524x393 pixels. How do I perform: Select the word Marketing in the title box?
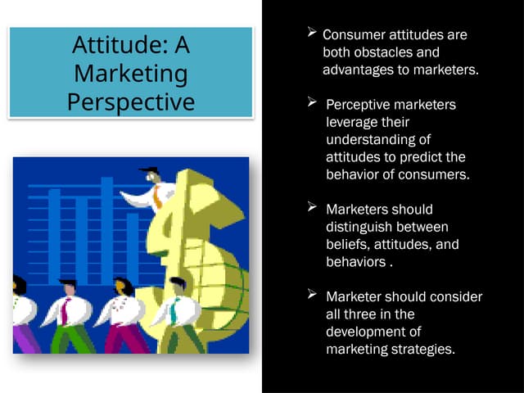[x=130, y=74]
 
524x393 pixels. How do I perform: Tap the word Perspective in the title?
[x=130, y=102]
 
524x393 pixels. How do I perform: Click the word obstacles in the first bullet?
[x=379, y=53]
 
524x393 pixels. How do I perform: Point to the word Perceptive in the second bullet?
[x=357, y=106]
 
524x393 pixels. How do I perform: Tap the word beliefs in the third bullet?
[x=347, y=244]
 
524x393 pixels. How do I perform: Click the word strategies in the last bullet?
[x=424, y=349]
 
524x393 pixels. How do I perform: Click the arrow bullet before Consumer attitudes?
[x=312, y=34]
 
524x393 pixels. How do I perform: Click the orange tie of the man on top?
[x=156, y=196]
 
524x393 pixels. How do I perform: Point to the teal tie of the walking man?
[x=174, y=312]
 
